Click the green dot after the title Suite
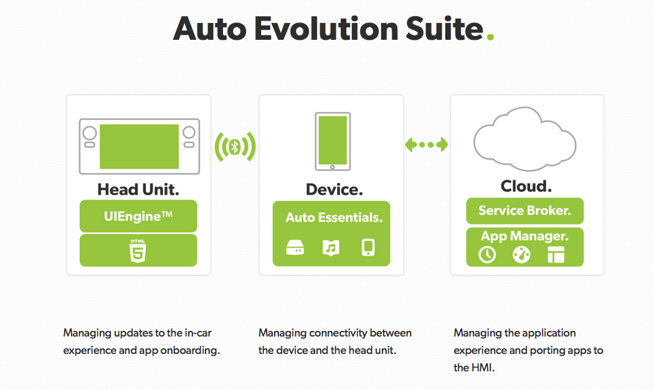pyautogui.click(x=491, y=37)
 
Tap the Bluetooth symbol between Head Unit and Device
pyautogui.click(x=235, y=147)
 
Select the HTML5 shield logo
pyautogui.click(x=138, y=251)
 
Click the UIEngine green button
pyautogui.click(x=138, y=216)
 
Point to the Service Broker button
pyautogui.click(x=524, y=211)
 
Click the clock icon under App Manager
pyautogui.click(x=487, y=254)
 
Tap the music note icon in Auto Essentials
pyautogui.click(x=331, y=248)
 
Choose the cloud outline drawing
pyautogui.click(x=524, y=139)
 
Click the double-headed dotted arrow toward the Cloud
pyautogui.click(x=426, y=144)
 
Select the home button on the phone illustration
pyautogui.click(x=333, y=167)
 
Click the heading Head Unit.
pyautogui.click(x=138, y=190)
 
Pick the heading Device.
pyautogui.click(x=334, y=190)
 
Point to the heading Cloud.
pyautogui.click(x=526, y=186)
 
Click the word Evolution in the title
pyautogui.click(x=326, y=29)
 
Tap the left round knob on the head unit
pyautogui.click(x=90, y=133)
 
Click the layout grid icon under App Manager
pyautogui.click(x=556, y=254)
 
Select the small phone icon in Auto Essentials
pyautogui.click(x=368, y=248)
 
